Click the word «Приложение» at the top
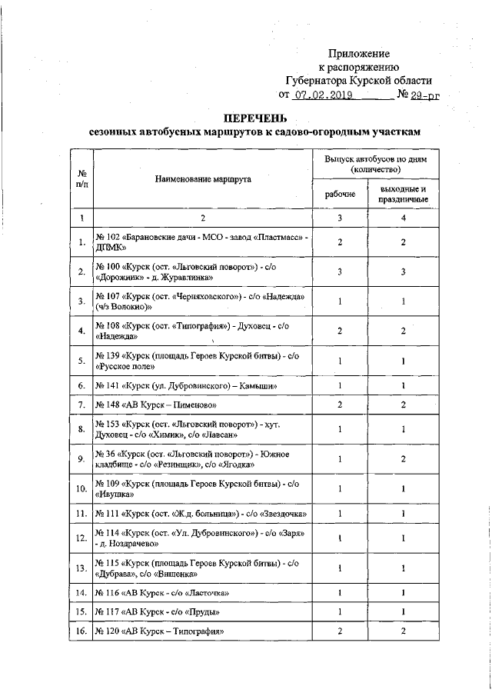359,54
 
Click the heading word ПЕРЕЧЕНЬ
254,118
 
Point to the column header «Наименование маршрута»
203,178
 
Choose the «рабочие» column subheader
340,195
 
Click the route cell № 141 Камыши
181,385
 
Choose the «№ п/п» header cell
81,178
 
